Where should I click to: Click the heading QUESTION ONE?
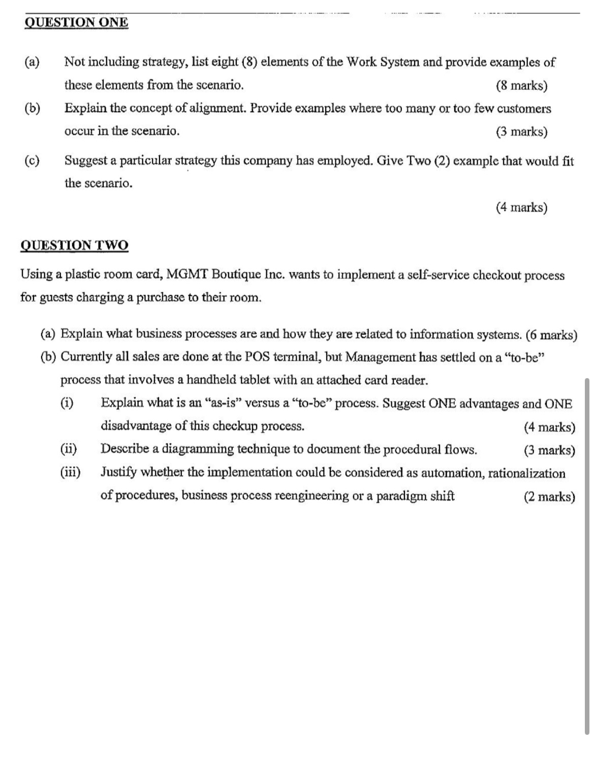point(76,22)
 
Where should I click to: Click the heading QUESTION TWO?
point(74,245)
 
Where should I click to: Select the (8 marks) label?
point(521,85)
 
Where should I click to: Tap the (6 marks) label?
point(551,335)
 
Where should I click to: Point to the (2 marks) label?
point(549,497)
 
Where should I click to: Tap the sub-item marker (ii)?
point(69,449)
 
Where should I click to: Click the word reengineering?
point(309,495)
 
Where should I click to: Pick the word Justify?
point(118,472)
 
